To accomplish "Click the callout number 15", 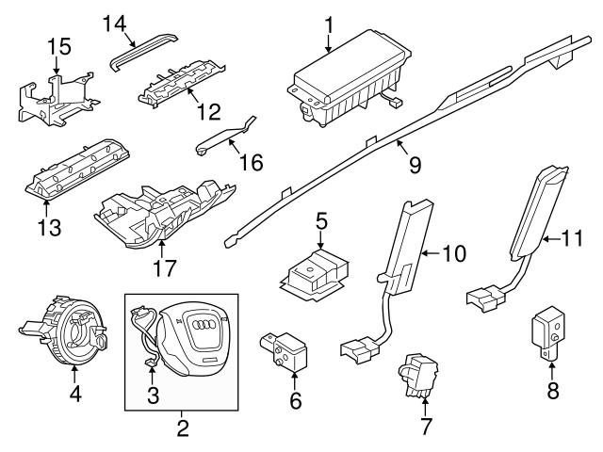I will (x=58, y=45).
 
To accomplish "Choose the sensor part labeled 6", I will (x=286, y=347).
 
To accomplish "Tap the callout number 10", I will (x=455, y=253).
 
